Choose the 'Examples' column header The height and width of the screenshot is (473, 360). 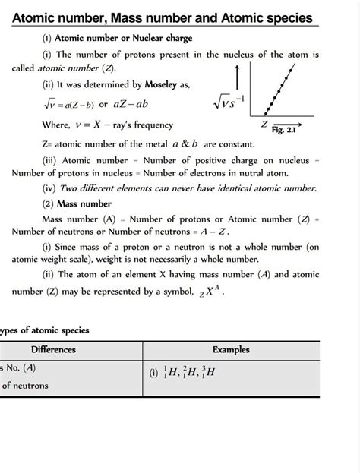click(236, 350)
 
